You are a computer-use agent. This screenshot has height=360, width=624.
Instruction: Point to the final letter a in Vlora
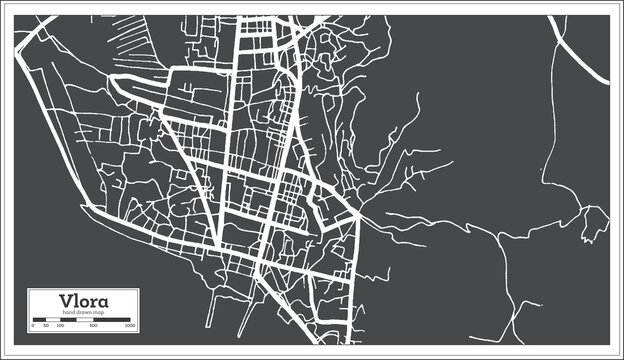(x=105, y=302)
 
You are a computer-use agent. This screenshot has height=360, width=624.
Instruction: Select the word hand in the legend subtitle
(x=67, y=313)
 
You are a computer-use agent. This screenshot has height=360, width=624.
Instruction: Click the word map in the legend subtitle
(x=100, y=313)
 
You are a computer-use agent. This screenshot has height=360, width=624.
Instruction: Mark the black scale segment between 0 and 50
(x=39, y=321)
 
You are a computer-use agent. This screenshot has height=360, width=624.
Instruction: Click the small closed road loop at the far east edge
(x=597, y=217)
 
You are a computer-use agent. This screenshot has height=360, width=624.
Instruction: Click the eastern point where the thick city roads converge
(x=359, y=214)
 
